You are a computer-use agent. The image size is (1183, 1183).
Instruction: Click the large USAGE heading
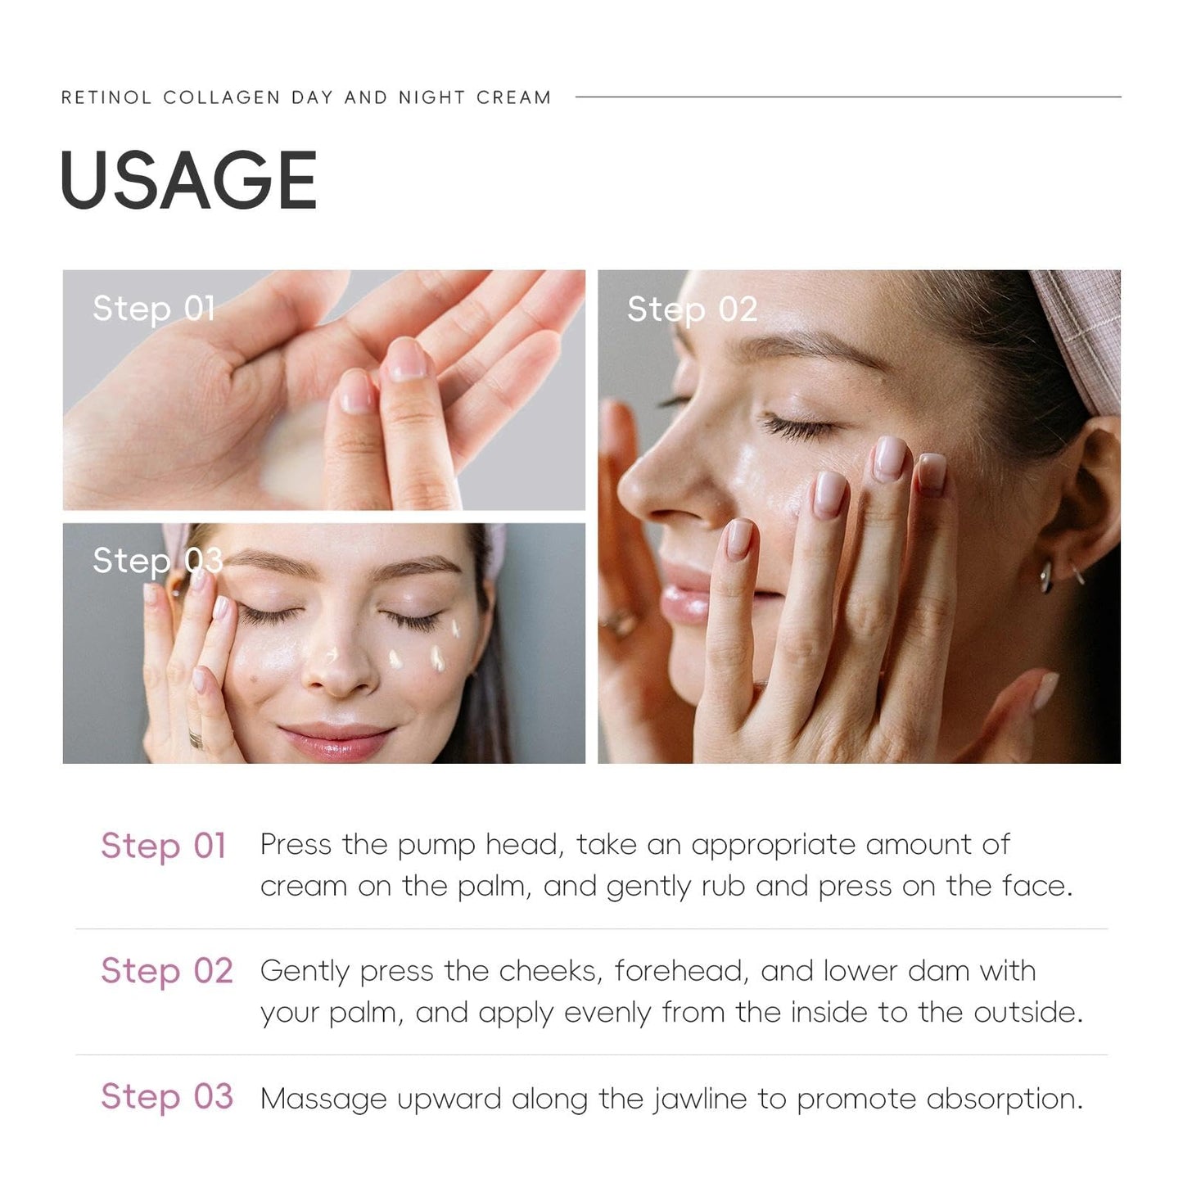(x=188, y=180)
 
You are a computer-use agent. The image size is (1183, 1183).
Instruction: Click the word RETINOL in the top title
(x=106, y=97)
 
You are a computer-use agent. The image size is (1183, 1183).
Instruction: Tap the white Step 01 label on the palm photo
(x=153, y=308)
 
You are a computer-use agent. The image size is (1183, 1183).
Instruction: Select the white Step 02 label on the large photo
(x=692, y=309)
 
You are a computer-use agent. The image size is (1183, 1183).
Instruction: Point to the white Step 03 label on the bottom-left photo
(x=158, y=561)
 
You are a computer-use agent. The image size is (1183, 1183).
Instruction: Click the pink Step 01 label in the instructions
(x=164, y=846)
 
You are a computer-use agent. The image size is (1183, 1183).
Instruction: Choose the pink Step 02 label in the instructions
(x=167, y=972)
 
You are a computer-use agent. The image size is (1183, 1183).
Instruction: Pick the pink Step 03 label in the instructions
(x=167, y=1097)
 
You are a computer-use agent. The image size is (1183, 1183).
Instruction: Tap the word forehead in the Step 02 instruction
(x=681, y=971)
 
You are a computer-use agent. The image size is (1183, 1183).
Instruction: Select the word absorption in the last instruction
(x=1005, y=1099)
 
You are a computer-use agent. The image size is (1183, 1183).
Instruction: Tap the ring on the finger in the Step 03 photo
(x=196, y=738)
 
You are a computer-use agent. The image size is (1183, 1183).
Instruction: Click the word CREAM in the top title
(x=514, y=97)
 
